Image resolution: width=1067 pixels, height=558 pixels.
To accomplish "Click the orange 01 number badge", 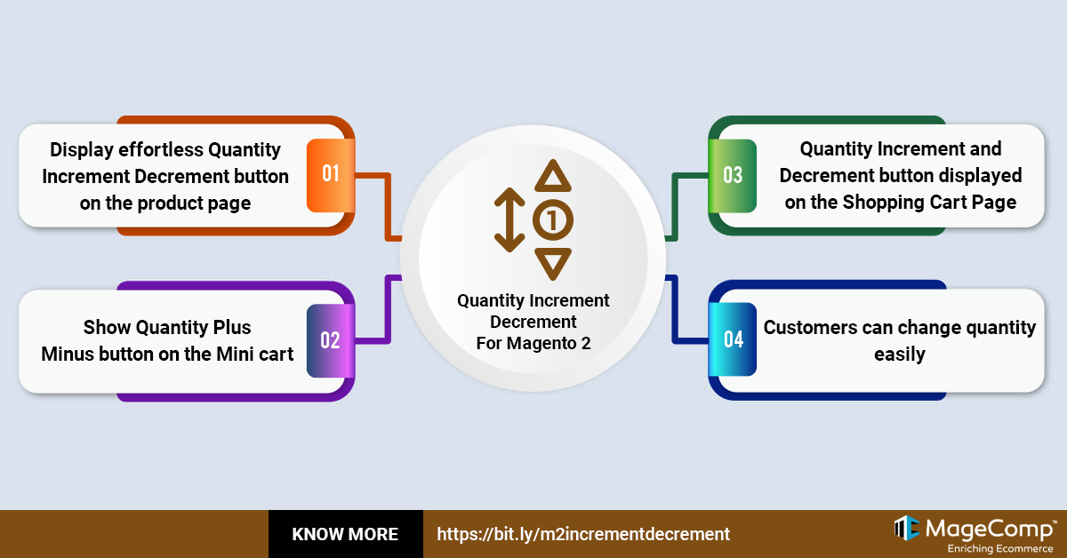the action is click(331, 175).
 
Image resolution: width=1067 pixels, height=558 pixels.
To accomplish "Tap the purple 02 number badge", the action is click(331, 340).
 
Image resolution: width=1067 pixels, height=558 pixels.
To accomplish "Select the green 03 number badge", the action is click(733, 176).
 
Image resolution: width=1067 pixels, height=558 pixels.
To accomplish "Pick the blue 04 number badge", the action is click(733, 339).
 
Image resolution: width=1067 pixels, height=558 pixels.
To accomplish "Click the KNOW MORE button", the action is click(345, 534).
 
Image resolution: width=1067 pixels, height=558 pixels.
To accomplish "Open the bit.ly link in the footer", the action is click(583, 534).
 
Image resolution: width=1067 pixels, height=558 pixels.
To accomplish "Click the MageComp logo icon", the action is click(906, 528).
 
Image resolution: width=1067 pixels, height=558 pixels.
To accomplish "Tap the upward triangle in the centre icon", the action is click(552, 177).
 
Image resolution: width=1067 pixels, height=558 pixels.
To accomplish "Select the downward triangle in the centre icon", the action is click(552, 263).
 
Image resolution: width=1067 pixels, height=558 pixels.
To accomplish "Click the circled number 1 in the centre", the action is click(552, 220).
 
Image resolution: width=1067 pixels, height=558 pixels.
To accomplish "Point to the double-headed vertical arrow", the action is click(509, 219).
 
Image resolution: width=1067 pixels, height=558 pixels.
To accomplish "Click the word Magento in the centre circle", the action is click(542, 343).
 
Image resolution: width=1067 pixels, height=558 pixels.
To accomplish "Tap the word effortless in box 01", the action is click(161, 150).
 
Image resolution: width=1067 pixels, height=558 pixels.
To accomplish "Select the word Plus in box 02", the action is click(231, 328).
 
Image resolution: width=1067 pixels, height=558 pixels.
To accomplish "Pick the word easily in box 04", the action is click(900, 355).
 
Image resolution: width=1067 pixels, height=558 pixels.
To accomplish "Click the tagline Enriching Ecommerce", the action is click(1000, 548).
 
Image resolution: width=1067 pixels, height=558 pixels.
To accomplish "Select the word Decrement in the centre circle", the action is click(533, 322).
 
